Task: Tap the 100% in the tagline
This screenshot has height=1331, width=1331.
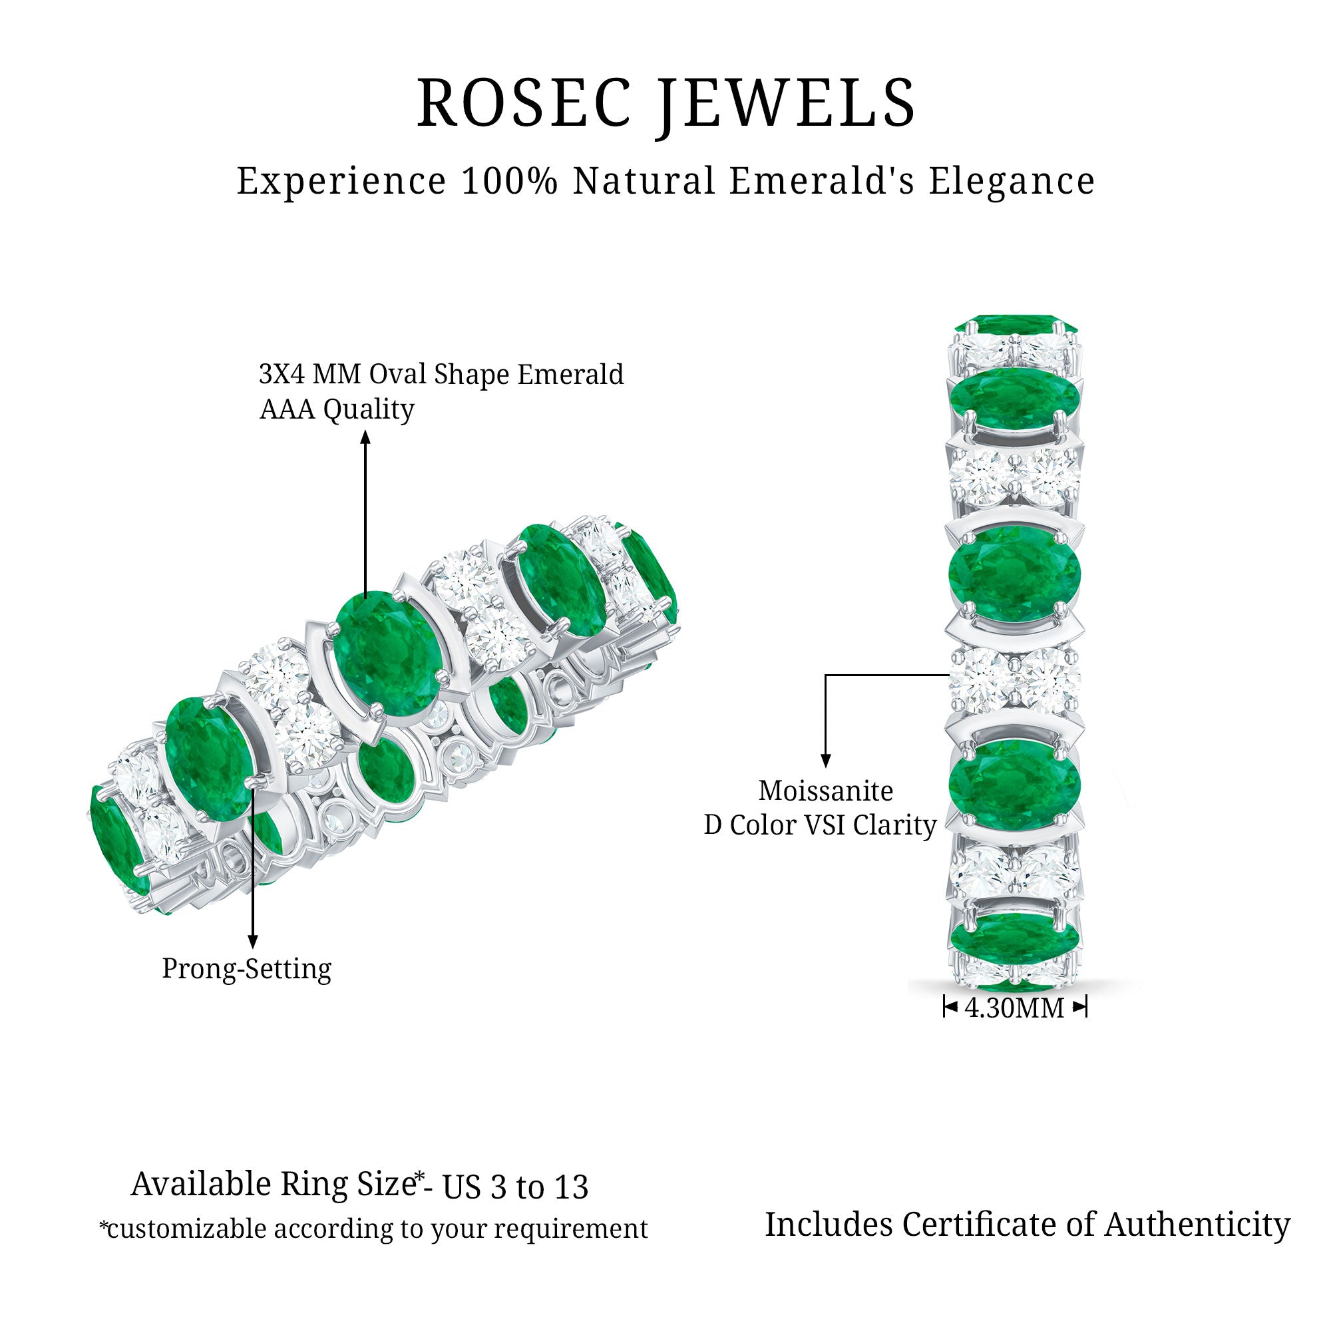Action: click(x=509, y=181)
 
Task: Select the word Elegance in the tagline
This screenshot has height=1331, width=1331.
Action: click(x=1012, y=181)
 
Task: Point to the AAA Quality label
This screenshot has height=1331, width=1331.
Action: click(x=337, y=409)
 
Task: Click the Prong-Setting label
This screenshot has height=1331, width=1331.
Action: click(x=247, y=968)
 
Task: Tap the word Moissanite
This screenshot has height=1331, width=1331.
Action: click(x=825, y=791)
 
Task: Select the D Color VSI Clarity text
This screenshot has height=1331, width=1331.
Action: click(x=820, y=825)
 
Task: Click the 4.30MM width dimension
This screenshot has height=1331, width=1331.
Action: click(x=1015, y=1008)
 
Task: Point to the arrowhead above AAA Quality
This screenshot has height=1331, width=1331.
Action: click(x=366, y=437)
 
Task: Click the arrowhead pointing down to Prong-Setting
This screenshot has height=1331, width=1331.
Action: click(x=253, y=942)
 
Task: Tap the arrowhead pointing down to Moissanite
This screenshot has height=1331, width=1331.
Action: click(x=825, y=761)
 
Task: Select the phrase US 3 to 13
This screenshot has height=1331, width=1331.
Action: click(x=515, y=1187)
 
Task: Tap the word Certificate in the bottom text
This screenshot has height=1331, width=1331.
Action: click(x=981, y=1225)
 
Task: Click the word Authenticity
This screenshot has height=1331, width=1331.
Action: click(x=1197, y=1225)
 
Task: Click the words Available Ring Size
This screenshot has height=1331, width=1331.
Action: click(x=274, y=1185)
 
